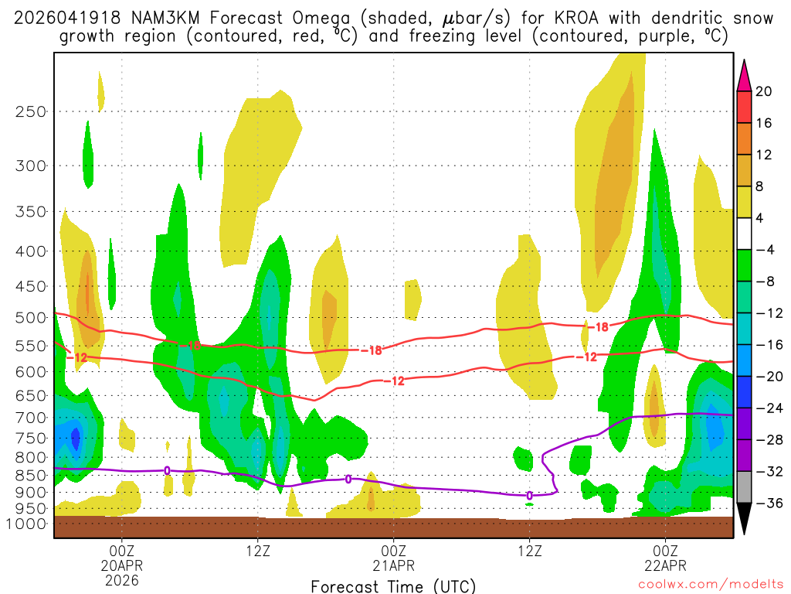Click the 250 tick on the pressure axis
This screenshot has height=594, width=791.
31,111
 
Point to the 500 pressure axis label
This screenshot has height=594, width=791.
31,318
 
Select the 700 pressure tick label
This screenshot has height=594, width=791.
31,418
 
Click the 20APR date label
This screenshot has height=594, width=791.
121,565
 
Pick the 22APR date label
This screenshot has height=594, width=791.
666,565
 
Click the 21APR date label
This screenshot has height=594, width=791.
394,565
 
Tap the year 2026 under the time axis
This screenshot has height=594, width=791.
121,579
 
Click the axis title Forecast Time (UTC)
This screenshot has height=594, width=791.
393,585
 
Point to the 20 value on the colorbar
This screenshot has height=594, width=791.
764,91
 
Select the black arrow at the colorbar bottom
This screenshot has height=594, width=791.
745,519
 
